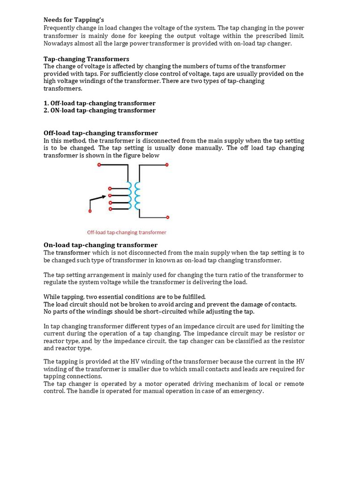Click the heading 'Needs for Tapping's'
pyautogui.click(x=74, y=20)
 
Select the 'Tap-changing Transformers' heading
pyautogui.click(x=86, y=59)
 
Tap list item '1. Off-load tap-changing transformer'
pyautogui.click(x=99, y=103)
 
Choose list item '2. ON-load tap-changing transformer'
pyautogui.click(x=99, y=111)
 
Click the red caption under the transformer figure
pyautogui.click(x=127, y=232)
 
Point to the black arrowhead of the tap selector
pyautogui.click(x=104, y=197)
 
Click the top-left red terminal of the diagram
pyautogui.click(x=99, y=165)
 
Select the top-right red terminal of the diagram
pyautogui.click(x=167, y=165)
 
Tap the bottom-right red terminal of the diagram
pyautogui.click(x=167, y=217)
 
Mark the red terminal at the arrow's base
pyautogui.click(x=90, y=210)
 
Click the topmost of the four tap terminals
pyautogui.click(x=110, y=188)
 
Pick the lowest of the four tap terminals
pyautogui.click(x=110, y=209)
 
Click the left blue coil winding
pyautogui.click(x=129, y=196)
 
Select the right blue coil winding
pyautogui.click(x=137, y=196)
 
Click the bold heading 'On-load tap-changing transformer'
pyautogui.click(x=100, y=245)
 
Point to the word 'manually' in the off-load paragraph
pyautogui.click(x=210, y=148)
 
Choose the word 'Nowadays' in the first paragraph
pyautogui.click(x=58, y=44)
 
